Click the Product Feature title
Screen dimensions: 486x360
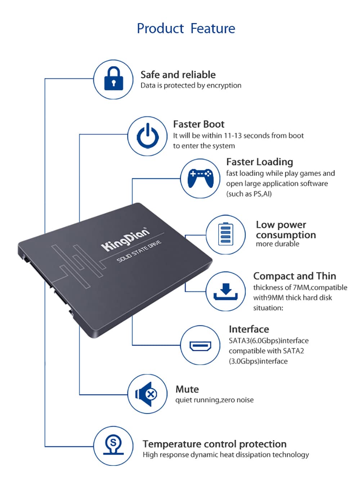[186, 28]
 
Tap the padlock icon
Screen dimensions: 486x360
[113, 79]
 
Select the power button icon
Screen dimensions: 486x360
[148, 136]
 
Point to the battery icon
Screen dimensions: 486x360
[226, 234]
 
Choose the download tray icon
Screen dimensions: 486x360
[226, 291]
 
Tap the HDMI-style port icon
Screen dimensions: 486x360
[200, 346]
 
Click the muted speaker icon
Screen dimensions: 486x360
[147, 394]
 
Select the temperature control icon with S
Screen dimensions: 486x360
[113, 446]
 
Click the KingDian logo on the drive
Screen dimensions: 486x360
[125, 239]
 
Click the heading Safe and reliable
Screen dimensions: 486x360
[178, 75]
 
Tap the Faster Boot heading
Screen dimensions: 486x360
[198, 124]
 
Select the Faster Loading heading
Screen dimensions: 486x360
[259, 162]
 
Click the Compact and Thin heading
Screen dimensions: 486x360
[294, 276]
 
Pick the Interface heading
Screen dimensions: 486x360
[248, 329]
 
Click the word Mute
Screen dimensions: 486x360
[187, 389]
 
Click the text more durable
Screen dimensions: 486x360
[277, 244]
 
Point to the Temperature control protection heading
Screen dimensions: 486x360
[214, 444]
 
